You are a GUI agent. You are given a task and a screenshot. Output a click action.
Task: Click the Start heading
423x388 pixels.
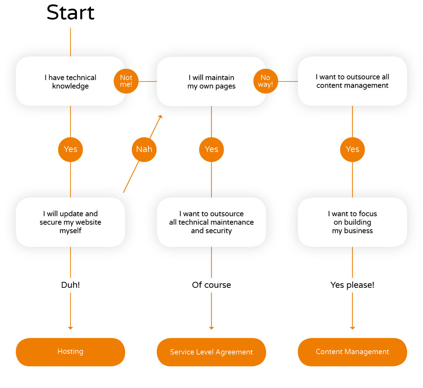point(70,13)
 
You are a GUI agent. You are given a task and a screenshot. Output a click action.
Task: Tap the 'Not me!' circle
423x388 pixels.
point(126,81)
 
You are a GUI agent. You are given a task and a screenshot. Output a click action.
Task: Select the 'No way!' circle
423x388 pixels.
point(265,81)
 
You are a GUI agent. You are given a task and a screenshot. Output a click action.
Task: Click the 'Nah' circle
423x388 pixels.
point(144,150)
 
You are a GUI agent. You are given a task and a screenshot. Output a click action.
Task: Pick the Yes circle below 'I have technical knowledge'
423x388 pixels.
point(70,150)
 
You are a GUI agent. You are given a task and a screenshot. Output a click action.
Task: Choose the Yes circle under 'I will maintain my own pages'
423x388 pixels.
point(211,150)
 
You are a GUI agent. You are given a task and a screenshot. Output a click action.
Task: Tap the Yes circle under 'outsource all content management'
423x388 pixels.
point(352,150)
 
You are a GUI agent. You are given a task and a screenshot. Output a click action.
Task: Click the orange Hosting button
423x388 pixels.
point(70,352)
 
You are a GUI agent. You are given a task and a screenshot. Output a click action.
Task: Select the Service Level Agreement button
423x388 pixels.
point(211,352)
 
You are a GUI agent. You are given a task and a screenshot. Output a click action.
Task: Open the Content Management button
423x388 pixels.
point(352,352)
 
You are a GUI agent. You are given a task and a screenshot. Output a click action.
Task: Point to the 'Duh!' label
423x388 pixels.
point(70,285)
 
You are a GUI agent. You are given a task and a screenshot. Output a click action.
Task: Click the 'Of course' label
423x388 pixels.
point(211,285)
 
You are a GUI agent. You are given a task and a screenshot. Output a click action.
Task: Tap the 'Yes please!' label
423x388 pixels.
point(352,285)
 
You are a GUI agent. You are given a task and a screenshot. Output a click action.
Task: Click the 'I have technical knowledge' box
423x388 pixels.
point(70,81)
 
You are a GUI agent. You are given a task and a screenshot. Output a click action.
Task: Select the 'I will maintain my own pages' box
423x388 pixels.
point(211,81)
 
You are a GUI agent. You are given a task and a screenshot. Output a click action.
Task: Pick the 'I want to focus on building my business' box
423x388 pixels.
point(352,222)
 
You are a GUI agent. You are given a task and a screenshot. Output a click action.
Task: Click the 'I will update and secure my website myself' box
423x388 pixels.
point(70,222)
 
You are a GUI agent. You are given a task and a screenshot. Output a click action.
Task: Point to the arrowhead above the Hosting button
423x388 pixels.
point(70,328)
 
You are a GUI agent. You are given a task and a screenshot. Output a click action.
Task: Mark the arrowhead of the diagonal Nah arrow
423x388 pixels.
point(161,116)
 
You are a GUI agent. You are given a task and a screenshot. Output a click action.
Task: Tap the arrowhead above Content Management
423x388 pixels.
point(352,328)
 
